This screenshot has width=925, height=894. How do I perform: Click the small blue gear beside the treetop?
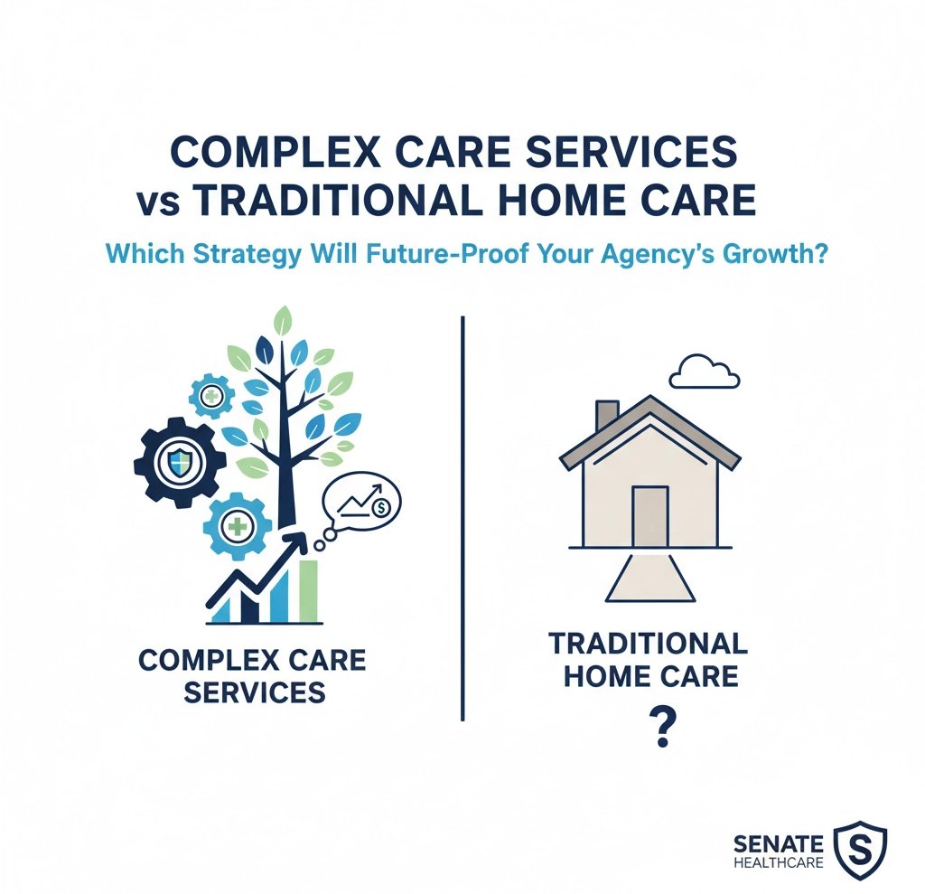211,396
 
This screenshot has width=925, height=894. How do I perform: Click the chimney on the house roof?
606,417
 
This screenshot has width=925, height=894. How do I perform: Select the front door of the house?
649,516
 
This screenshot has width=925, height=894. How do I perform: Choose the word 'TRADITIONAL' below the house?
648,644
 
